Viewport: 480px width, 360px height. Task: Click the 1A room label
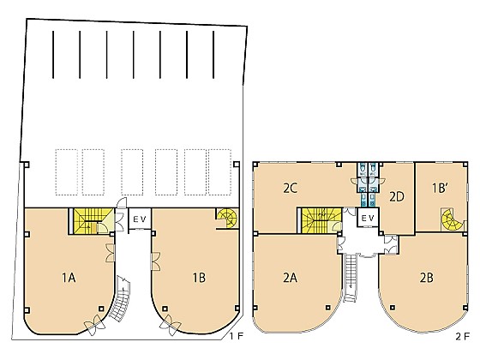click(x=69, y=278)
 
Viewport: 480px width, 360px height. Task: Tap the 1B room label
click(x=199, y=278)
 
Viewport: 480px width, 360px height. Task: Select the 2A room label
click(x=290, y=278)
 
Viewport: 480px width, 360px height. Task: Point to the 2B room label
click(x=427, y=278)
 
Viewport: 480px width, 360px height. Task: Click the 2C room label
click(x=290, y=189)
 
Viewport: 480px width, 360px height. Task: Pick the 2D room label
click(x=397, y=197)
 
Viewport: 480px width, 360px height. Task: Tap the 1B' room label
click(x=441, y=189)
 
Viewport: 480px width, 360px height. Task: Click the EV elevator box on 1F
click(x=140, y=219)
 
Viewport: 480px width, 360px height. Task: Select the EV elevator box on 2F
click(x=368, y=218)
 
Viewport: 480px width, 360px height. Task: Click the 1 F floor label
click(x=237, y=336)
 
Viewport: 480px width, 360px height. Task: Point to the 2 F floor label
click(x=462, y=336)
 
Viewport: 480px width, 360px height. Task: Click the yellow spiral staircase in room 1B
click(x=227, y=219)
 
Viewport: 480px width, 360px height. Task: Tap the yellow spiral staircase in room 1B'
click(x=449, y=219)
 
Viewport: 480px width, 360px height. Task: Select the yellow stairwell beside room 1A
click(x=90, y=221)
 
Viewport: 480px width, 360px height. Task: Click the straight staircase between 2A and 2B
click(x=351, y=278)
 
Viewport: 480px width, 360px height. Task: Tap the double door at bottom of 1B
click(x=171, y=326)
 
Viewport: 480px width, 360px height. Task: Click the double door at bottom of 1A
click(x=95, y=326)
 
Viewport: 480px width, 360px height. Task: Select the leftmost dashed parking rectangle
click(x=67, y=172)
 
